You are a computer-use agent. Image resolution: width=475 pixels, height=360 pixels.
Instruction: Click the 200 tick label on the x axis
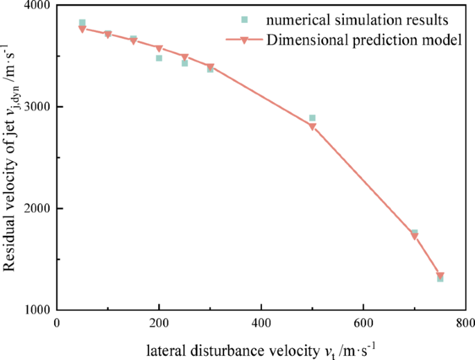click(x=159, y=323)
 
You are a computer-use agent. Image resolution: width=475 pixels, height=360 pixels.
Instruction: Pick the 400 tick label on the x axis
click(x=261, y=323)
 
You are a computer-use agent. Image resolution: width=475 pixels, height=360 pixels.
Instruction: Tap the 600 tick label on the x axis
click(x=363, y=323)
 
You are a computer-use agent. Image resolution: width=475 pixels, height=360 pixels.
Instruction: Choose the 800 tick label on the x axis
click(x=464, y=323)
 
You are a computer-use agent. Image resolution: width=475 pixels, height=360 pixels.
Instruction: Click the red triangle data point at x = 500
click(x=312, y=126)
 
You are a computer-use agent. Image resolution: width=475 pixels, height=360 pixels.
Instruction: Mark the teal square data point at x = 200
click(x=159, y=58)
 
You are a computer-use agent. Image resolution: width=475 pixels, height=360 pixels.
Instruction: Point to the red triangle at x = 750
click(x=440, y=276)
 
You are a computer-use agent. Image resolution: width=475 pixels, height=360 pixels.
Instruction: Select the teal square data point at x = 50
click(x=83, y=23)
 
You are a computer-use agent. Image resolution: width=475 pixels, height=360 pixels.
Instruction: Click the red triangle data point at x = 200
click(x=159, y=49)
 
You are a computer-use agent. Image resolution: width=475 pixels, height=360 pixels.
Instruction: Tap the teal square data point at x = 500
click(x=312, y=118)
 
